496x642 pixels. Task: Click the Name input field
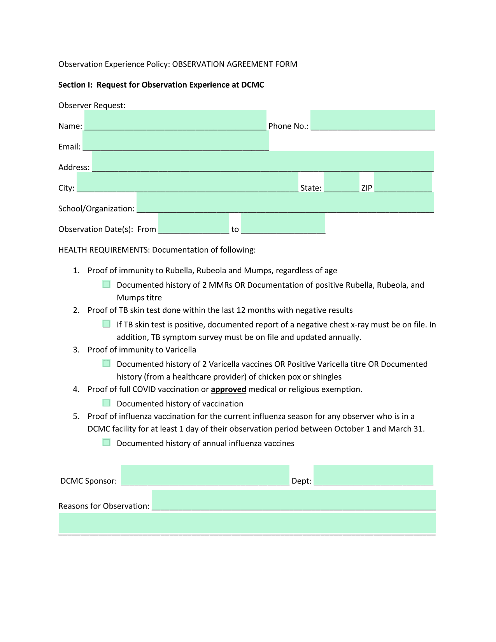(x=175, y=120)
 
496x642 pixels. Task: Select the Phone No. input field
(x=372, y=120)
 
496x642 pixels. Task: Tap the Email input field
(x=175, y=141)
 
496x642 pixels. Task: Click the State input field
(x=341, y=182)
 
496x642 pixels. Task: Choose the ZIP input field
(x=403, y=182)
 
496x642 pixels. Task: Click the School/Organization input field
(x=285, y=203)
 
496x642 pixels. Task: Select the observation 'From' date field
(x=194, y=223)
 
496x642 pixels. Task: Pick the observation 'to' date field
(x=283, y=223)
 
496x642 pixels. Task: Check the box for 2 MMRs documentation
(x=106, y=284)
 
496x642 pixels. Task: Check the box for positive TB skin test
(x=106, y=324)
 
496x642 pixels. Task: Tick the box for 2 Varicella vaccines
(x=106, y=363)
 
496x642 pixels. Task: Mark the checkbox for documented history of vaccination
(x=106, y=403)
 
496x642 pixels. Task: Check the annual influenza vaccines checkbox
(x=106, y=443)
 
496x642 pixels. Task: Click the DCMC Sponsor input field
(x=205, y=475)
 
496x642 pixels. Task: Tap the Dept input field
(x=373, y=475)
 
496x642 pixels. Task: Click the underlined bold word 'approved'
(x=228, y=389)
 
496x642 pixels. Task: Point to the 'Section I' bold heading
(x=161, y=85)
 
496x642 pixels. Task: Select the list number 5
(x=76, y=417)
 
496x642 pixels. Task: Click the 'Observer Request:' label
(x=92, y=106)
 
